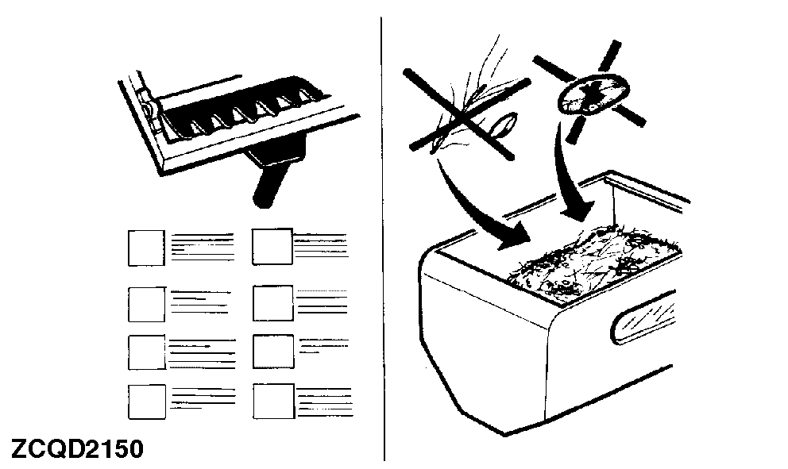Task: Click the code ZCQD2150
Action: tap(77, 448)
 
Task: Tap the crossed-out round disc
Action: tap(593, 94)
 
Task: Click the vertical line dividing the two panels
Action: tap(382, 239)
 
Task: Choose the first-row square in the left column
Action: tap(146, 248)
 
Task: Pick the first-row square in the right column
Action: tap(272, 247)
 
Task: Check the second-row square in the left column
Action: tap(147, 304)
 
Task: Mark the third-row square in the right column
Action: tap(273, 352)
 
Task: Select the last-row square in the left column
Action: tap(147, 402)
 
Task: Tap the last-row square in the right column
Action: tap(274, 402)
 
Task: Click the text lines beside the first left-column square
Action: tap(203, 247)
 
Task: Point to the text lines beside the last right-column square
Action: tap(325, 402)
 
